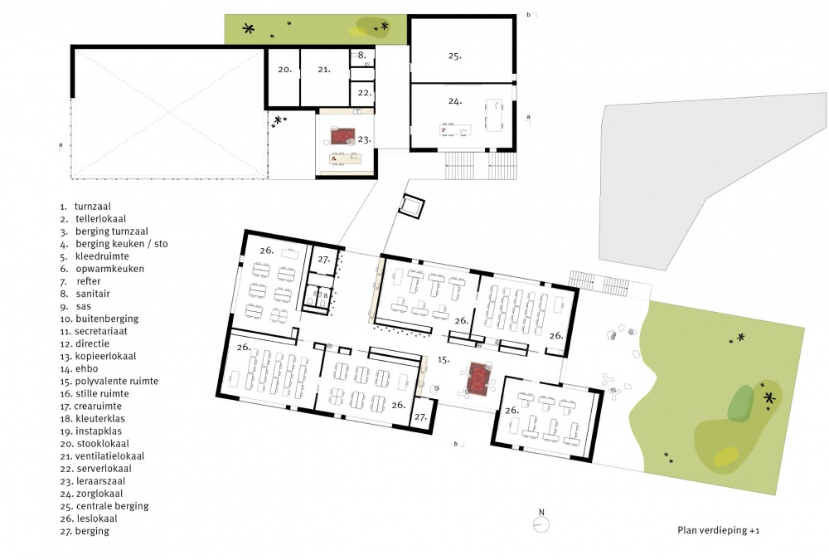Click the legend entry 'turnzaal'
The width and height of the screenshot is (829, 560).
pyautogui.click(x=93, y=207)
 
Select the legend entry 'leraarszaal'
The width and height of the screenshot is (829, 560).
pyautogui.click(x=100, y=481)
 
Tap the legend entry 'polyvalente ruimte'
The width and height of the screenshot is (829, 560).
pyautogui.click(x=116, y=381)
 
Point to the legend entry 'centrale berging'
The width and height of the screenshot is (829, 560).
pyautogui.click(x=112, y=506)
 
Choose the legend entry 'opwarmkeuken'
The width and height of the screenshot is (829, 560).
pyautogui.click(x=109, y=269)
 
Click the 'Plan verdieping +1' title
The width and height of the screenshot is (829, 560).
pyautogui.click(x=719, y=530)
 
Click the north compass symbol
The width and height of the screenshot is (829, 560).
pyautogui.click(x=541, y=524)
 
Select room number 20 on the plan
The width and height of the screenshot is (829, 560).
pyautogui.click(x=285, y=70)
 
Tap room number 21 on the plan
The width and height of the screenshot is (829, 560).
pyautogui.click(x=324, y=70)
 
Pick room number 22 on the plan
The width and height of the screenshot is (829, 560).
pyautogui.click(x=364, y=93)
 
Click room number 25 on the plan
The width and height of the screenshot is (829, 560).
pyautogui.click(x=454, y=56)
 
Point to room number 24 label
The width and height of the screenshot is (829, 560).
pyautogui.click(x=454, y=100)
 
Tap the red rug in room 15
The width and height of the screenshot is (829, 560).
pyautogui.click(x=479, y=378)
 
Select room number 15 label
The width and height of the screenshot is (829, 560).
pyautogui.click(x=443, y=359)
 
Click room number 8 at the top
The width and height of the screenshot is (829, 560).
pyautogui.click(x=361, y=55)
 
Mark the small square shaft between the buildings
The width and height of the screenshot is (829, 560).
pyautogui.click(x=411, y=206)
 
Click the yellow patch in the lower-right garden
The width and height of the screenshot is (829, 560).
pyautogui.click(x=726, y=457)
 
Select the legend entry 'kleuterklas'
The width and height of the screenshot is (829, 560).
pyautogui.click(x=100, y=419)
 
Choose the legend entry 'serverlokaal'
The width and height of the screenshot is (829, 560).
pyautogui.click(x=104, y=469)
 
